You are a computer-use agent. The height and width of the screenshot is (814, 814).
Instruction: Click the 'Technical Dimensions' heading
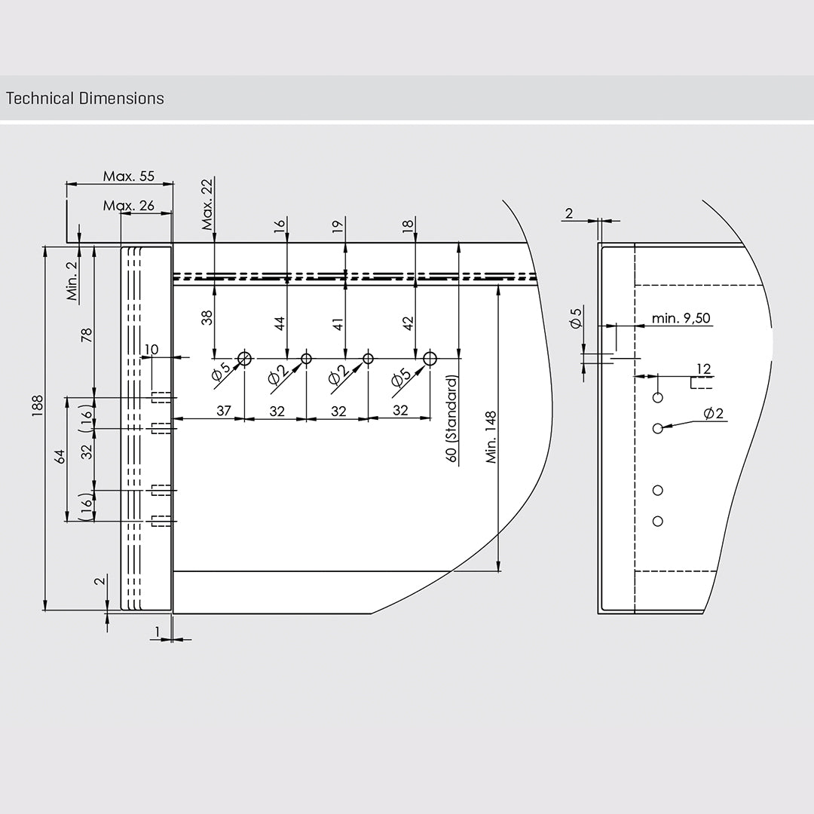click(x=84, y=98)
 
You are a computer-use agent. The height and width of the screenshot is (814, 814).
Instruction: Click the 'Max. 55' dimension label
click(x=128, y=176)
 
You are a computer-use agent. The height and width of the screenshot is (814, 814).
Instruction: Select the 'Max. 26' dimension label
click(x=128, y=206)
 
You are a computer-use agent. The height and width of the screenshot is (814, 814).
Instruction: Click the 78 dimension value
click(x=87, y=335)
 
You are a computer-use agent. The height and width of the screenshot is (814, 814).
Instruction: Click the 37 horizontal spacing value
click(x=223, y=411)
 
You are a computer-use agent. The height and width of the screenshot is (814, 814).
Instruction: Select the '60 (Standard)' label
click(x=451, y=419)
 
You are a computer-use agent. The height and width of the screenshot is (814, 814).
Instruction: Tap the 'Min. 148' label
click(x=491, y=436)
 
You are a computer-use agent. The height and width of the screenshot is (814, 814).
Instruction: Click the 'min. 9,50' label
click(x=681, y=318)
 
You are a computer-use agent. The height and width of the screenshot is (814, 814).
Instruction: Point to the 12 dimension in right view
click(x=703, y=369)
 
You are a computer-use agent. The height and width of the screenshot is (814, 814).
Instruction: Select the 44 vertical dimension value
click(x=280, y=323)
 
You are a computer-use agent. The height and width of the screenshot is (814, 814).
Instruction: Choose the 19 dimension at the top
click(x=338, y=224)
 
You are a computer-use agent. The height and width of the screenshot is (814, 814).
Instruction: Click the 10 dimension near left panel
click(x=151, y=349)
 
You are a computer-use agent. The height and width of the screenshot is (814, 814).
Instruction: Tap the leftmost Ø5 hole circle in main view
click(x=244, y=358)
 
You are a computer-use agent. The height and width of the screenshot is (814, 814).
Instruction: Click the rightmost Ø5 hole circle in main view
click(x=430, y=358)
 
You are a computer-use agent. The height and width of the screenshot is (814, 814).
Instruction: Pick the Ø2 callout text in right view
click(x=713, y=413)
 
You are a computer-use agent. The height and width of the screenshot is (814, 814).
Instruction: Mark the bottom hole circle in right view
click(x=658, y=521)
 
